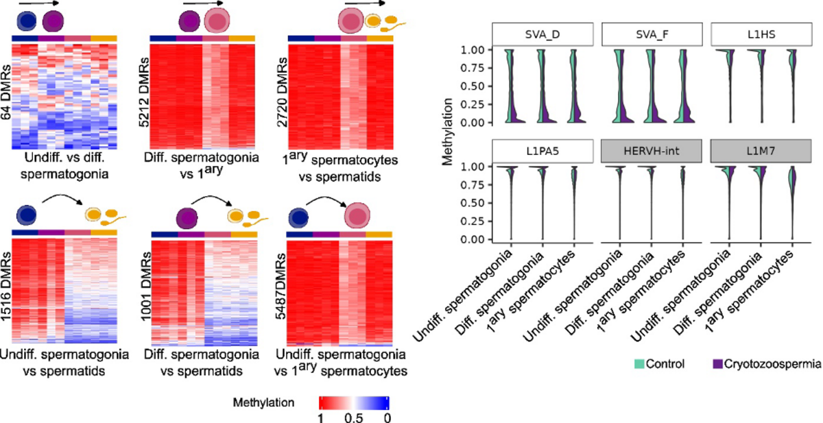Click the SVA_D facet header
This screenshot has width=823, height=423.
pos(542,34)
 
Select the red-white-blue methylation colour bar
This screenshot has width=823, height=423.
pos(354,401)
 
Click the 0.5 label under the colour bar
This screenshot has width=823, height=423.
pos(354,416)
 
